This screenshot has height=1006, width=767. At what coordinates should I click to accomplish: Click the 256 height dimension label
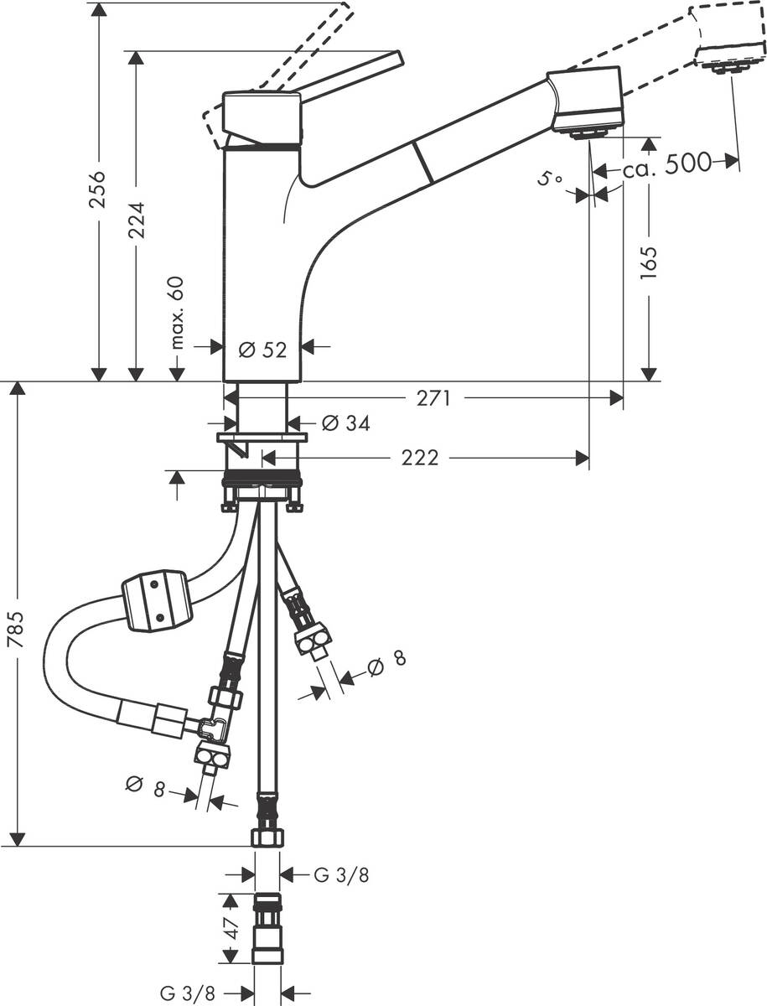tap(99, 192)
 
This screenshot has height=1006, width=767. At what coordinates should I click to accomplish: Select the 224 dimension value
tap(137, 220)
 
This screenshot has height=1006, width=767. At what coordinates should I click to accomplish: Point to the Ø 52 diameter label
tap(262, 350)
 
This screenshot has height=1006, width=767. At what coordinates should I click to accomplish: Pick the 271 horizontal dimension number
tap(435, 399)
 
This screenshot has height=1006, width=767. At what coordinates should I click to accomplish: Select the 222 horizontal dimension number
tap(419, 458)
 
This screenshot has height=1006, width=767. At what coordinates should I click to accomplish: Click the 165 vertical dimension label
tap(650, 262)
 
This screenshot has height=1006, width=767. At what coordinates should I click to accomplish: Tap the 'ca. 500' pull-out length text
tap(666, 164)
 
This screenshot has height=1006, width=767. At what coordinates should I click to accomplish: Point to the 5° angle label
tap(549, 179)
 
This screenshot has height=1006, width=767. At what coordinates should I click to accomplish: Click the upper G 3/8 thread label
tap(341, 875)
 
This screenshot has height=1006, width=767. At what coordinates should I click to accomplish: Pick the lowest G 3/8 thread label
tap(189, 993)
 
